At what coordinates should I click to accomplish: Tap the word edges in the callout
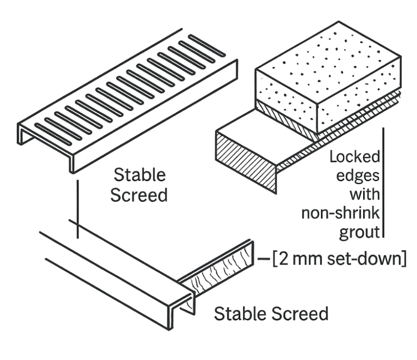[361, 176]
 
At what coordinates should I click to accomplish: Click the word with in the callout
[365, 194]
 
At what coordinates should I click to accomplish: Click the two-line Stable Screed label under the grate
[140, 185]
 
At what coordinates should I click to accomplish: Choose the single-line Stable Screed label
[271, 313]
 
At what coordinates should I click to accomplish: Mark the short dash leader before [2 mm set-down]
[264, 260]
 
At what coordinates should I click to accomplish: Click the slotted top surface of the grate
[128, 90]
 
